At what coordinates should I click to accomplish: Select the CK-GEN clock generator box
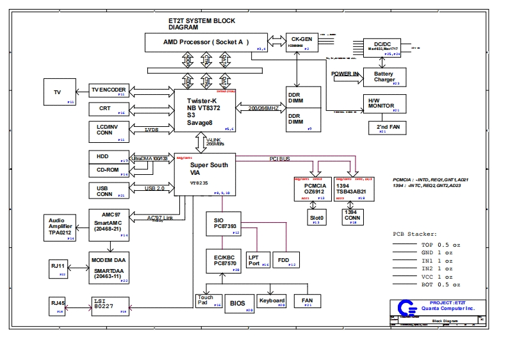click(297, 42)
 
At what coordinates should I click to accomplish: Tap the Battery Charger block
click(384, 77)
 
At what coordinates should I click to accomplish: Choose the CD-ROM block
click(110, 170)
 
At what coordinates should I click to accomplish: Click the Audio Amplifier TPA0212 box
click(60, 228)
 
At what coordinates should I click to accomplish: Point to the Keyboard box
click(272, 301)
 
